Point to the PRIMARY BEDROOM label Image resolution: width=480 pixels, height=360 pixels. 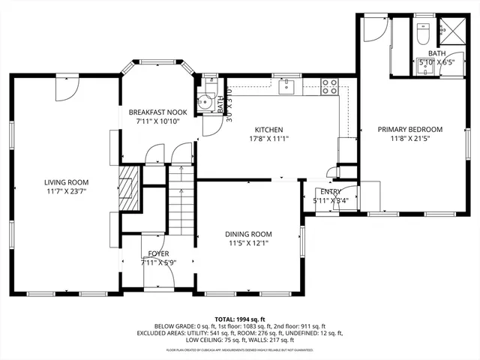pos(409,129)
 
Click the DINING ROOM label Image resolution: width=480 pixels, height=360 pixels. pos(248,234)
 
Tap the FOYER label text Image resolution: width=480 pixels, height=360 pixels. pos(158,253)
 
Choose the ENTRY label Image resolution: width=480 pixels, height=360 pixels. pos(331,192)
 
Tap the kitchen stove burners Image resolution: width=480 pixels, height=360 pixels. pos(329,88)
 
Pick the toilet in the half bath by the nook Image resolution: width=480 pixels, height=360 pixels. pos(202,103)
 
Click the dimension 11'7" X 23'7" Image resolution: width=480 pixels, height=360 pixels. pos(66,192)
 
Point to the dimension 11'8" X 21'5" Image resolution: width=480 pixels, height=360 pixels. pos(409,138)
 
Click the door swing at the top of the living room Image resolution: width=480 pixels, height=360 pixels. pos(64,88)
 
